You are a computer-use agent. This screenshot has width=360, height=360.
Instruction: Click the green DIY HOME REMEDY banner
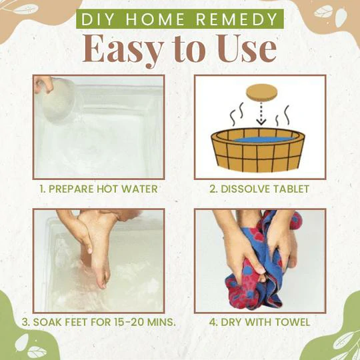coord(180,19)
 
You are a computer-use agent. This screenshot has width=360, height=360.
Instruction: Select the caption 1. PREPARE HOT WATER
coord(99,189)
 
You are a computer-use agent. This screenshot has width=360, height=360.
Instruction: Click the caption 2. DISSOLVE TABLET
coord(259,189)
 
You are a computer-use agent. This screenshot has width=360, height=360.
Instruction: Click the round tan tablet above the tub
coord(260,93)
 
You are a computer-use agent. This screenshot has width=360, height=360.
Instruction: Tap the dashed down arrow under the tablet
coord(260,117)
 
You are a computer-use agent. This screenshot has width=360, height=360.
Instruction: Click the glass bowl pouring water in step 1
coord(57,100)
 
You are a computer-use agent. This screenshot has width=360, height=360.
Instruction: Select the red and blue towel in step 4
coord(257,267)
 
